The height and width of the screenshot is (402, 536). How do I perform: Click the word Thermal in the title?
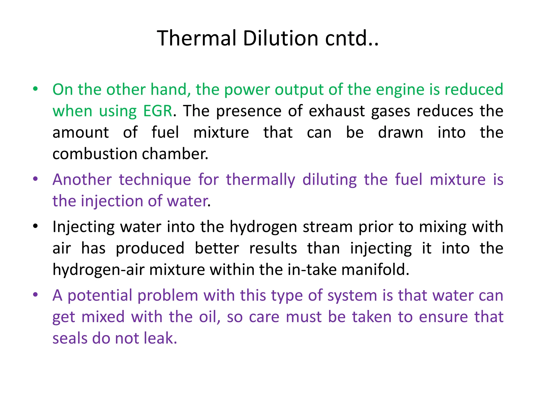[197, 38]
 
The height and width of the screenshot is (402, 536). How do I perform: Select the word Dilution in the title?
[280, 38]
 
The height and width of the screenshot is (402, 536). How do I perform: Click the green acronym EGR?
[158, 111]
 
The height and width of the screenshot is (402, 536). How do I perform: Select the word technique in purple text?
[155, 180]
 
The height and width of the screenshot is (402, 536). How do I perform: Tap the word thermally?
[261, 180]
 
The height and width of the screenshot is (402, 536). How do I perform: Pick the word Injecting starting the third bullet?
[83, 227]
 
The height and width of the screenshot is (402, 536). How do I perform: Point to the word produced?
[150, 248]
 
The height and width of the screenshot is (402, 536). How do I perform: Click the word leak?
[160, 338]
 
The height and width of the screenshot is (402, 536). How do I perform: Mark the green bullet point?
[36, 89]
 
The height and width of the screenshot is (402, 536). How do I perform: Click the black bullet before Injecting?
[36, 226]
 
